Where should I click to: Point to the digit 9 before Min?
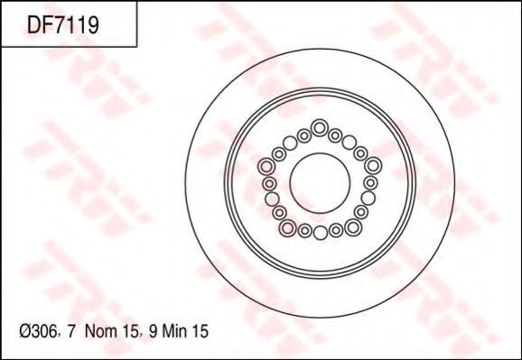pyautogui.click(x=155, y=332)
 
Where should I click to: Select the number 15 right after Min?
pyautogui.click(x=201, y=332)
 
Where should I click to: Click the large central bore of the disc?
pyautogui.click(x=320, y=180)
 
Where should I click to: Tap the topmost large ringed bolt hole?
pyautogui.click(x=320, y=127)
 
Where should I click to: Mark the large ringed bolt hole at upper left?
pyautogui.click(x=268, y=166)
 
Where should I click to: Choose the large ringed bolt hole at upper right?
pyautogui.click(x=371, y=166)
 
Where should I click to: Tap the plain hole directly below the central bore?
pyautogui.click(x=320, y=233)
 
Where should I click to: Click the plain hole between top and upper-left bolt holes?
pyautogui.click(x=290, y=142)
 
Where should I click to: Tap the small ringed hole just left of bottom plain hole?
pyautogui.click(x=304, y=231)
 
